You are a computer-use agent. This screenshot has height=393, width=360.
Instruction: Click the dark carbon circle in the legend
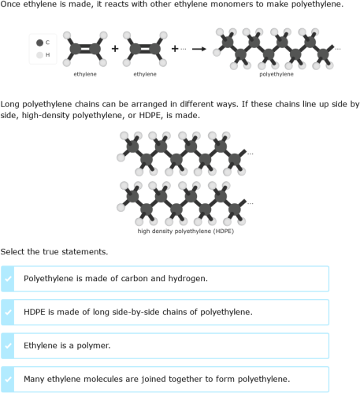[x=39, y=42]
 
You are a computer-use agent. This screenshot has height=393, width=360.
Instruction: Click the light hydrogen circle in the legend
[x=39, y=55]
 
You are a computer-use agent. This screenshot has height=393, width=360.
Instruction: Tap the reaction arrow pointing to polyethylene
[x=199, y=49]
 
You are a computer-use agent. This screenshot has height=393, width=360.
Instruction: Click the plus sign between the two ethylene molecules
[x=115, y=49]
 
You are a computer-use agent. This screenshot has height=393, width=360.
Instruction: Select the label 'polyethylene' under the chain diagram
[x=276, y=74]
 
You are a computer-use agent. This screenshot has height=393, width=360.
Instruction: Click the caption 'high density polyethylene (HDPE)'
[x=185, y=231]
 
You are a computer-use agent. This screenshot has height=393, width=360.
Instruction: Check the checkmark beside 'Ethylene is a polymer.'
[x=9, y=346]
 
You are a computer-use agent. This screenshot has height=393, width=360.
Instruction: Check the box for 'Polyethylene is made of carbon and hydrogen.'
[x=9, y=278]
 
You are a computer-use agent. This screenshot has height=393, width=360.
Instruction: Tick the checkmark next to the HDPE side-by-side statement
[x=9, y=312]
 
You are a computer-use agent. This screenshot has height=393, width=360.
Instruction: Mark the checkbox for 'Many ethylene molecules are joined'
[x=9, y=379]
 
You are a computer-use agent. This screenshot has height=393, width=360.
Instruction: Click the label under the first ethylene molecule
[x=84, y=74]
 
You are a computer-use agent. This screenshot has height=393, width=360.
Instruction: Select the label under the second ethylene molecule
[x=145, y=74]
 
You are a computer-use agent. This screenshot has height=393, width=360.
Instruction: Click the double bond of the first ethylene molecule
[x=84, y=49]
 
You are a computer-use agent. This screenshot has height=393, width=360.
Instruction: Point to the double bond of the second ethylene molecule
[x=145, y=49]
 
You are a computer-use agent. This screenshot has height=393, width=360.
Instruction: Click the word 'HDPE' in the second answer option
[x=35, y=312]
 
